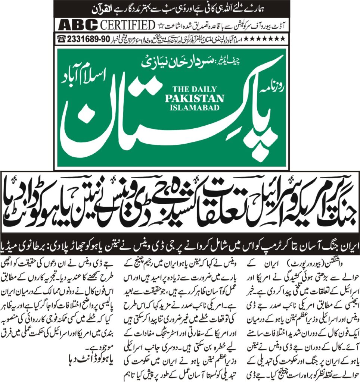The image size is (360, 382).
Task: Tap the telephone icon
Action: click(60, 38)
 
